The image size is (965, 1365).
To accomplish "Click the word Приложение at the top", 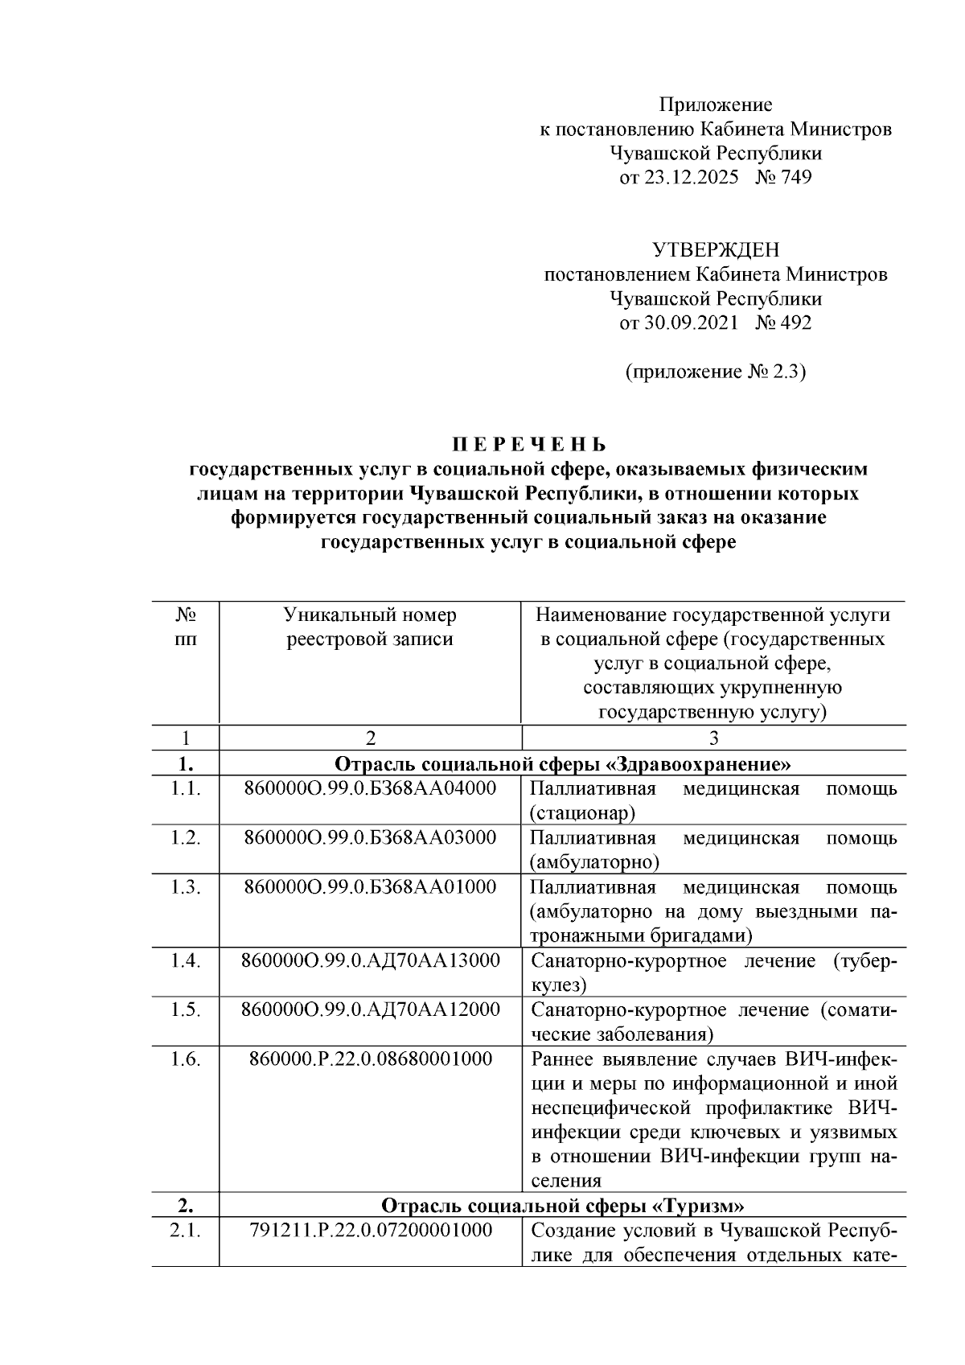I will click(x=715, y=105).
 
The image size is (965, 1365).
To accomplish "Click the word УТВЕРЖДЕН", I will click(x=715, y=250).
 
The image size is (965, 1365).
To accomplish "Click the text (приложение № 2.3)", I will click(x=715, y=372).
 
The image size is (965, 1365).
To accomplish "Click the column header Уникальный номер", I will click(x=370, y=615).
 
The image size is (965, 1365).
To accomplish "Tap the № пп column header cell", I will click(x=185, y=627).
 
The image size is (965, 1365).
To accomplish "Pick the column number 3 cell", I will click(x=713, y=738).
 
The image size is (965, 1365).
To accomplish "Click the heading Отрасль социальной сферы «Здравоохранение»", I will click(x=562, y=763).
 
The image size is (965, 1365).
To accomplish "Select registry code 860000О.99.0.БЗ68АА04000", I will click(x=370, y=788).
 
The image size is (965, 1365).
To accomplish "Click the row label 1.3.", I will click(x=185, y=887).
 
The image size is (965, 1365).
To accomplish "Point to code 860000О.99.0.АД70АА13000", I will click(x=370, y=960).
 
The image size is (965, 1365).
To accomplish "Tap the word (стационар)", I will click(x=582, y=813).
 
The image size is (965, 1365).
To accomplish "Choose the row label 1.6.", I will click(x=185, y=1059).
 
